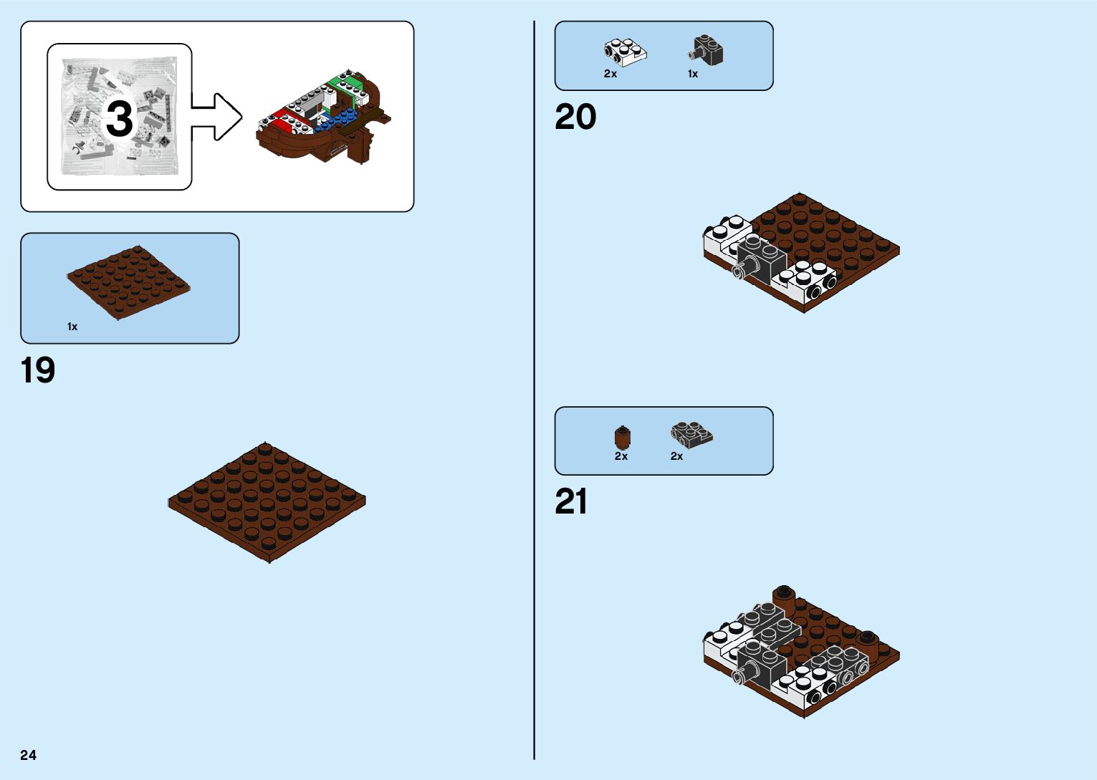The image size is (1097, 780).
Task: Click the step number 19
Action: [38, 370]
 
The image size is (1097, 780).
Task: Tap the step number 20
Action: [575, 117]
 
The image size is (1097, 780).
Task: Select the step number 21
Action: [571, 501]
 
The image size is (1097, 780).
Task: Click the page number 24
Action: [29, 755]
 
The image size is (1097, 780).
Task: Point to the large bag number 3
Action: [120, 118]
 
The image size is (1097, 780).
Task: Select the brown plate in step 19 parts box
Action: [129, 283]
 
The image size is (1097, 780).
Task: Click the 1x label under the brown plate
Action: [72, 327]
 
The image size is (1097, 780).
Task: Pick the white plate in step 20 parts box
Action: [625, 51]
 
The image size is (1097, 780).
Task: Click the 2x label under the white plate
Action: [610, 74]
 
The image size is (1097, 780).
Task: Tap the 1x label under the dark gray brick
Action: [693, 74]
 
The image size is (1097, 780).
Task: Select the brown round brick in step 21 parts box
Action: [623, 437]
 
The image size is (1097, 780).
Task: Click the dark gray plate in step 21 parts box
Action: [691, 433]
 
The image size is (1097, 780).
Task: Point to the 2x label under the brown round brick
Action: [621, 456]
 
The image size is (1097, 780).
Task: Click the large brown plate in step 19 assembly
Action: [267, 501]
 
